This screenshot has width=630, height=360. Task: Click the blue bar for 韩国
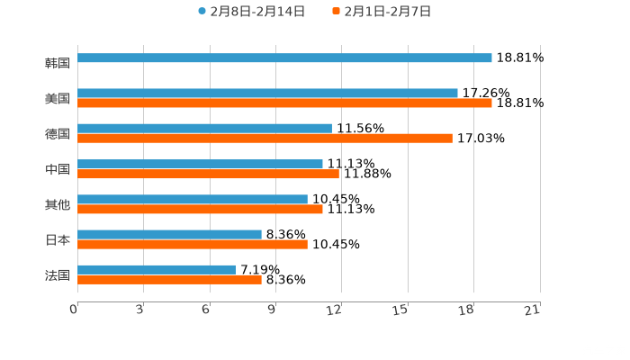click(x=284, y=58)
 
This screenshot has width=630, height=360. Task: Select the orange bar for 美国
click(x=284, y=103)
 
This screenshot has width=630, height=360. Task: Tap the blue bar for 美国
click(x=267, y=93)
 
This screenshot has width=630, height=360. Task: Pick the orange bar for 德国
click(x=265, y=139)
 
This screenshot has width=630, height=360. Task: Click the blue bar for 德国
click(x=204, y=128)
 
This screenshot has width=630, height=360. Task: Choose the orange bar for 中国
click(x=208, y=174)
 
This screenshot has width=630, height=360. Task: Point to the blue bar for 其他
click(x=193, y=199)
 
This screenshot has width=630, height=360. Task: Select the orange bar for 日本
click(x=193, y=245)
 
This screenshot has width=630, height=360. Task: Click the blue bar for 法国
click(x=157, y=269)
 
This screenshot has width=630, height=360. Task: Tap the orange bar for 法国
click(x=169, y=280)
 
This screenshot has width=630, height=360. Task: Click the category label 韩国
click(x=57, y=64)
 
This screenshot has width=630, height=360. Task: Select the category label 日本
click(x=57, y=240)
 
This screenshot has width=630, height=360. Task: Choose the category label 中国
click(x=57, y=169)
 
